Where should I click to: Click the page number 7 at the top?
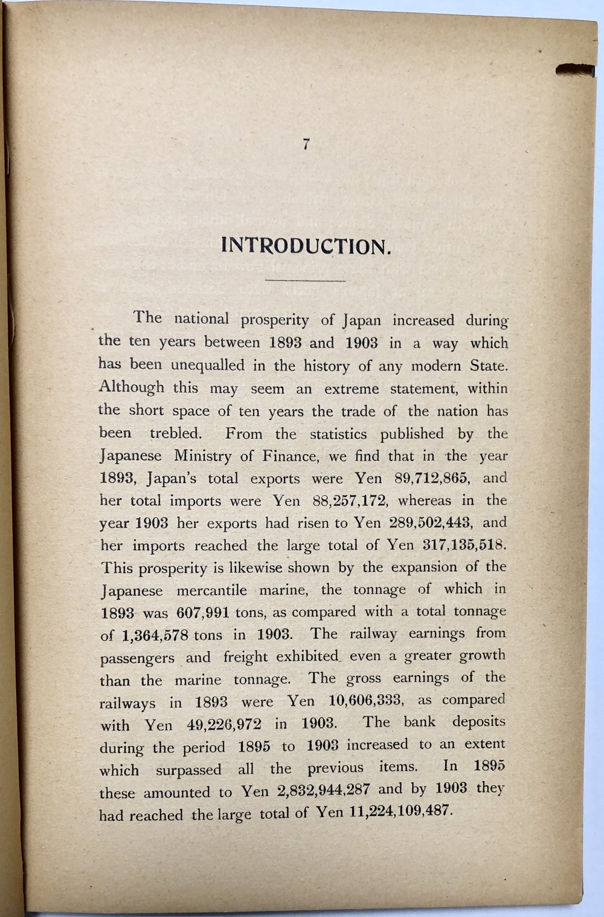(306, 144)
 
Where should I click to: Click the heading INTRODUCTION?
(306, 246)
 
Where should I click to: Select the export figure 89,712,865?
(431, 478)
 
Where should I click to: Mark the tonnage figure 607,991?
(203, 612)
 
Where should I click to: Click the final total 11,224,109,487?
(400, 811)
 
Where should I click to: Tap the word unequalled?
(208, 366)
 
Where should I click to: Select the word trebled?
(175, 433)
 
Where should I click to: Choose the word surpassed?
(188, 770)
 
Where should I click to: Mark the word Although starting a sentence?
(132, 387)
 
